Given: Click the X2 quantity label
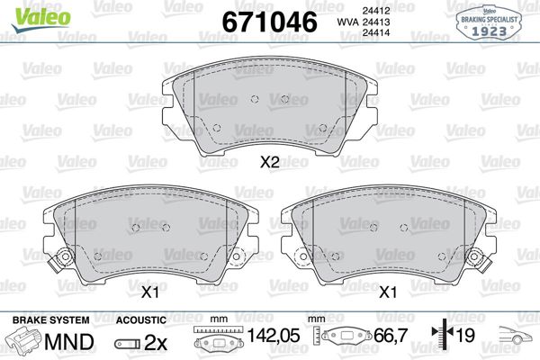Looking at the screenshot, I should click(x=269, y=163).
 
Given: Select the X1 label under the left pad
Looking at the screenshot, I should click(x=149, y=291).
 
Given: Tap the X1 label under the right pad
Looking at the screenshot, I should click(x=388, y=291).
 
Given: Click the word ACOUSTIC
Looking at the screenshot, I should click(x=141, y=319).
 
